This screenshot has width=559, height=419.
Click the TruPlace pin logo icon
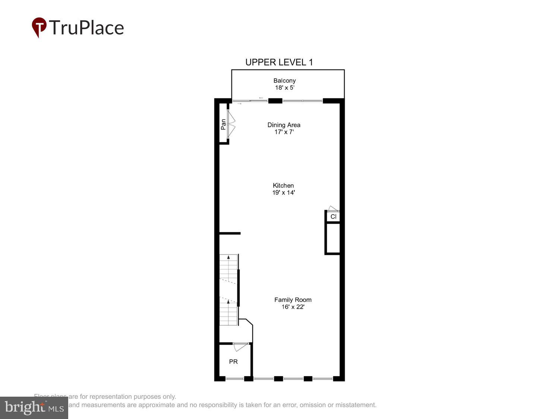(39, 27)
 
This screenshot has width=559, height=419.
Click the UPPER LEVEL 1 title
(279, 62)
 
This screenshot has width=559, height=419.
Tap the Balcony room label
(284, 80)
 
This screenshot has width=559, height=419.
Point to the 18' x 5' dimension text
(284, 88)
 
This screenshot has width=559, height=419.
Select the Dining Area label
(284, 125)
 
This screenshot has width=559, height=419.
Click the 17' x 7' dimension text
(284, 132)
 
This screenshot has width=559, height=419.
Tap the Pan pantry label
(223, 124)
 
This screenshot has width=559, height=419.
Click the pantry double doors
(231, 124)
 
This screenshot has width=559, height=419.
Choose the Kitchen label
(283, 185)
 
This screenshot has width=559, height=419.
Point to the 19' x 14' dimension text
(284, 193)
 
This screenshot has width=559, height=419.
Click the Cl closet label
(333, 216)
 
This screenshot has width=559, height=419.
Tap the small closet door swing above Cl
(332, 209)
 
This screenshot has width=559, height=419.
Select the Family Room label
(293, 300)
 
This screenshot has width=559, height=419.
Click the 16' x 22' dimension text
(293, 307)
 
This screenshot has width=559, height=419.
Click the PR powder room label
(233, 362)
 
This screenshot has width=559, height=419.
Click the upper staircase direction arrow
(228, 257)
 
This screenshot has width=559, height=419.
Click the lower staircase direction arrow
(228, 302)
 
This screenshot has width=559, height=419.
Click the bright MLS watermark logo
(34, 408)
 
